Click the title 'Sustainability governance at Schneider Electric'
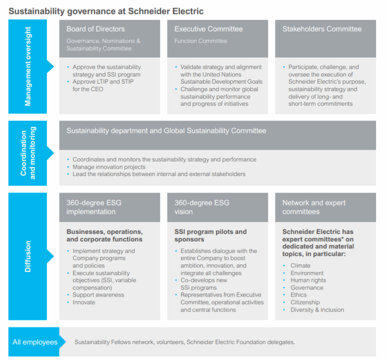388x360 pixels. pyautogui.click(x=106, y=11)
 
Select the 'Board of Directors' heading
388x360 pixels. pyautogui.click(x=95, y=29)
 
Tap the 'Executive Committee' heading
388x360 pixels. pyautogui.click(x=208, y=29)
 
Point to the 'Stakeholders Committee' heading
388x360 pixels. pyautogui.click(x=322, y=29)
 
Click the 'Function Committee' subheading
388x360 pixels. pyautogui.click(x=200, y=41)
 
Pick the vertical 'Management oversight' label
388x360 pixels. pyautogui.click(x=27, y=66)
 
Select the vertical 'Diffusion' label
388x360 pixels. pyautogui.click(x=27, y=256)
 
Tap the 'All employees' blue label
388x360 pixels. pyautogui.click(x=35, y=342)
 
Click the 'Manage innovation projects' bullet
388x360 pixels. pyautogui.click(x=109, y=167)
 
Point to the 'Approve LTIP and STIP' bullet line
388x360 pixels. pyautogui.click(x=103, y=81)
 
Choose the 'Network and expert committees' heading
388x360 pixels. pyautogui.click(x=314, y=207)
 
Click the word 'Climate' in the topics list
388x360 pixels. pyautogui.click(x=300, y=265)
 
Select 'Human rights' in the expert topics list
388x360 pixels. pyautogui.click(x=308, y=280)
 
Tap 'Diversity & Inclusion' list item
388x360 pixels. pyautogui.click(x=317, y=310)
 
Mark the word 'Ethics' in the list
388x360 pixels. pyautogui.click(x=298, y=294)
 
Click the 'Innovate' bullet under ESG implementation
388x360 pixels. pyautogui.click(x=83, y=302)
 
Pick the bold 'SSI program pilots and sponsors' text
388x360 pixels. pyautogui.click(x=210, y=235)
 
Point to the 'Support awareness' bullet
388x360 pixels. pyautogui.click(x=98, y=294)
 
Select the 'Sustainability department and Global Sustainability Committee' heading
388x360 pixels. pyautogui.click(x=166, y=130)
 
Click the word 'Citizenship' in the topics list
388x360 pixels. pyautogui.click(x=305, y=302)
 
